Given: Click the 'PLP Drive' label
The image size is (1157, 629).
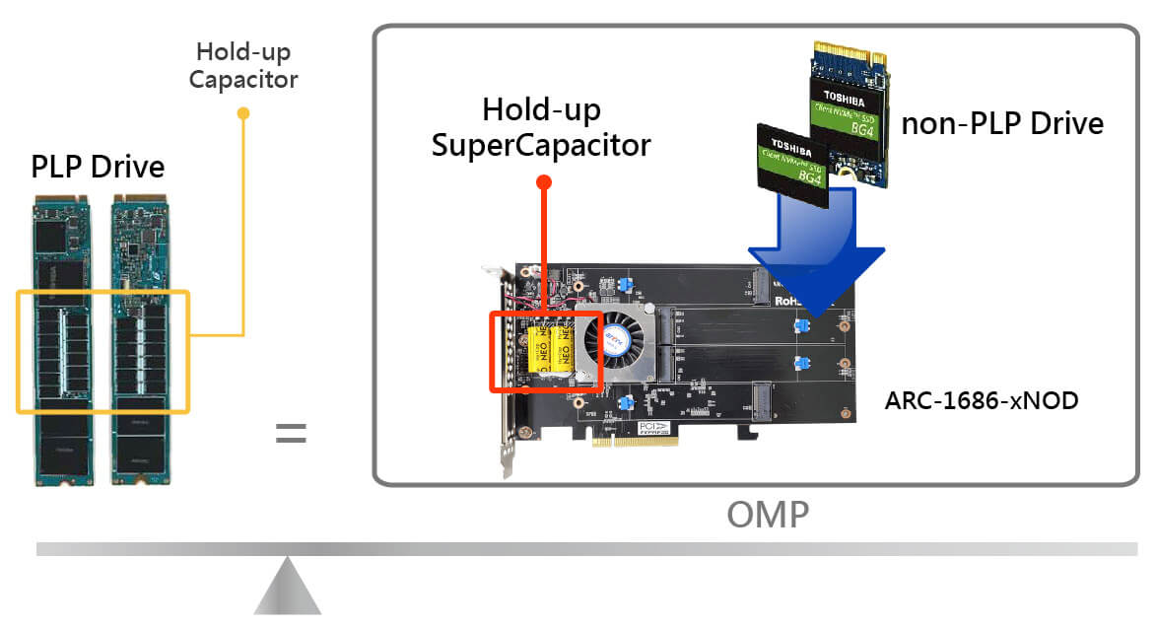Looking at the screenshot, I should point(97,166).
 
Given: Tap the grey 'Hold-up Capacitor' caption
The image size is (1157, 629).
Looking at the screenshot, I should point(243,65).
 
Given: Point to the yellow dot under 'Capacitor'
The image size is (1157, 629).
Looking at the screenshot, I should point(243,113).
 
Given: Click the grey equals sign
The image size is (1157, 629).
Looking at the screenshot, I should point(291,433).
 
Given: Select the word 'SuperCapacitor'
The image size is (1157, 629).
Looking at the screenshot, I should point(541,144).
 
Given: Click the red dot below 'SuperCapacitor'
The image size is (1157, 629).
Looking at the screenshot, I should point(543,182).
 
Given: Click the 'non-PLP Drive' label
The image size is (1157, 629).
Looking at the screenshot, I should point(1002,123).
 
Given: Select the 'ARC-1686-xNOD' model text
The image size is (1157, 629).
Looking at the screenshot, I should point(981,401).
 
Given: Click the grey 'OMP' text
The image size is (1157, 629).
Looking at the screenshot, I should point(768,514).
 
